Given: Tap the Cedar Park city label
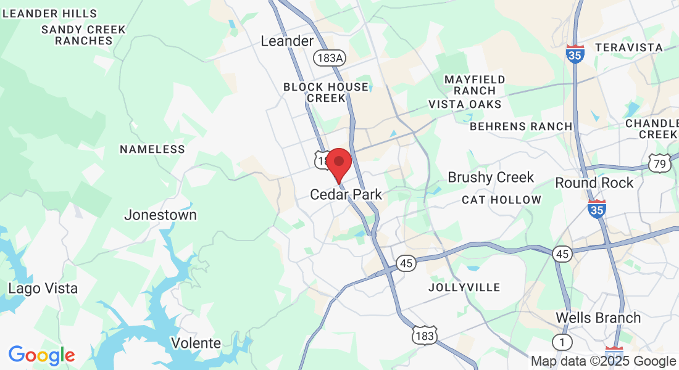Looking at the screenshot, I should pos(346,195).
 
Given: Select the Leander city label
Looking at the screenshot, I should pos(287,41).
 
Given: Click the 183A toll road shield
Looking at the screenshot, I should pos(328,58).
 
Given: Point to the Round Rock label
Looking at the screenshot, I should pos(594,183).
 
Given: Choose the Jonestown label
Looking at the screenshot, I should pos(160,215).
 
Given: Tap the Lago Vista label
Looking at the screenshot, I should pos(43,289).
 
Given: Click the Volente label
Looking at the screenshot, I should pos(196,343).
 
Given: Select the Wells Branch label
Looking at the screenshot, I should pos(598,318).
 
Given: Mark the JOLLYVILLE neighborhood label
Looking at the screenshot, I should pos(464,287).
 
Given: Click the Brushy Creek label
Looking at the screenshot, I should pos(491,178).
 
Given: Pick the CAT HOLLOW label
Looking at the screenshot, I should pos(501,200).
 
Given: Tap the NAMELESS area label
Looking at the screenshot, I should pos(152,149).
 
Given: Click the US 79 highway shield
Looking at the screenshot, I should pos(659,163).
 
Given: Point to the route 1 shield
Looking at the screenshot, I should pos(562,342).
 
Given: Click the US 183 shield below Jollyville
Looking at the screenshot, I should pos(425,336).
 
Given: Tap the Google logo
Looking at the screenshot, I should pos(41,355).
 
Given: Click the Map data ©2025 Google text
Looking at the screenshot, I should pos(603,361).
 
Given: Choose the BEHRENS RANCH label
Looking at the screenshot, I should pos(521,126).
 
